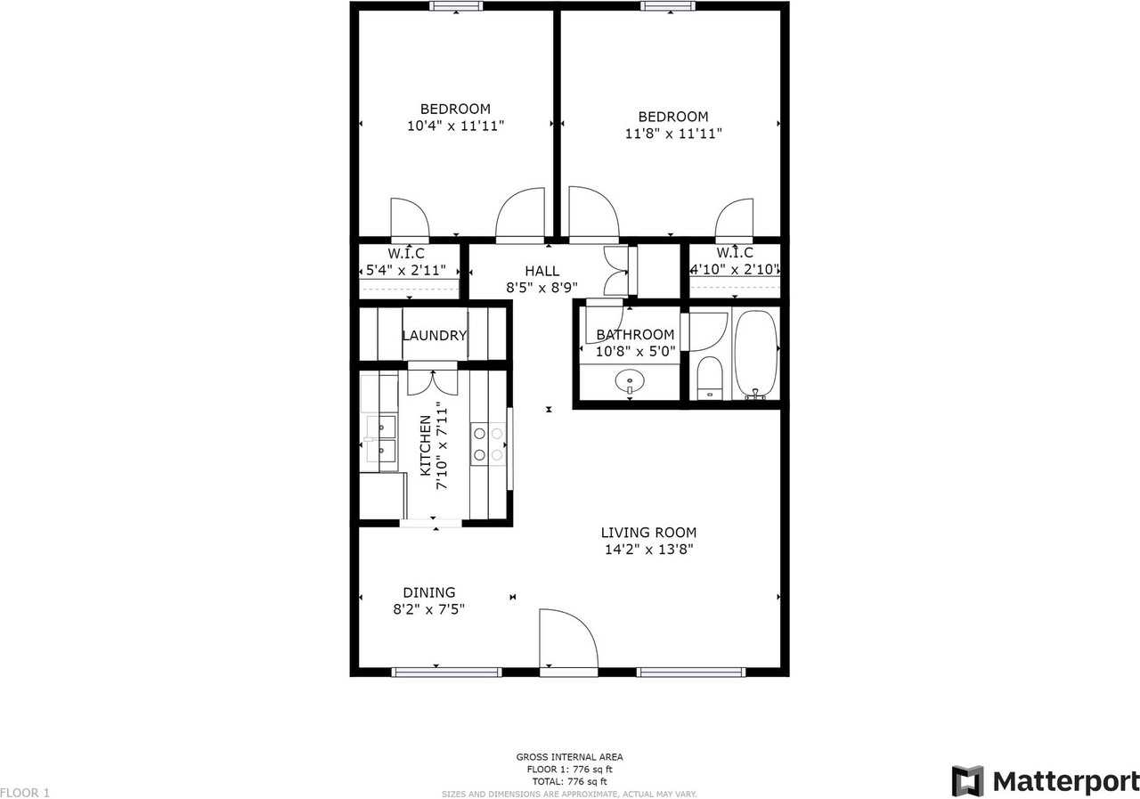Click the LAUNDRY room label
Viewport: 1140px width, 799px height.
(x=434, y=336)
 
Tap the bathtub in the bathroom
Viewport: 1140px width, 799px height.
(x=756, y=355)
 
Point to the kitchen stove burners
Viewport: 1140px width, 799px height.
(x=487, y=444)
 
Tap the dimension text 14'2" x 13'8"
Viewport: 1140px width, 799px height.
(x=647, y=550)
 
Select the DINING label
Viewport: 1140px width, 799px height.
(x=428, y=592)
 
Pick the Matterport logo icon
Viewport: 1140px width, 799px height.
(x=967, y=781)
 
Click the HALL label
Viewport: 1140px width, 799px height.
(x=541, y=272)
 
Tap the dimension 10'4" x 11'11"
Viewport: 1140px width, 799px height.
(x=455, y=126)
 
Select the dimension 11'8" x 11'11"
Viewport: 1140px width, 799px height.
(x=672, y=134)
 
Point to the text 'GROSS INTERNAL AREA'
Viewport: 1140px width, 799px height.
(x=569, y=757)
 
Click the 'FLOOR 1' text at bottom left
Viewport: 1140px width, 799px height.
(x=26, y=792)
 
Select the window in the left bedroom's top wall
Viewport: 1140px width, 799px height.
(x=456, y=6)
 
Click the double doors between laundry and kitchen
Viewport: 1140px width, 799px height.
(x=433, y=379)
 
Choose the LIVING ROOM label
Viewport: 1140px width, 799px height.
(x=647, y=533)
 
